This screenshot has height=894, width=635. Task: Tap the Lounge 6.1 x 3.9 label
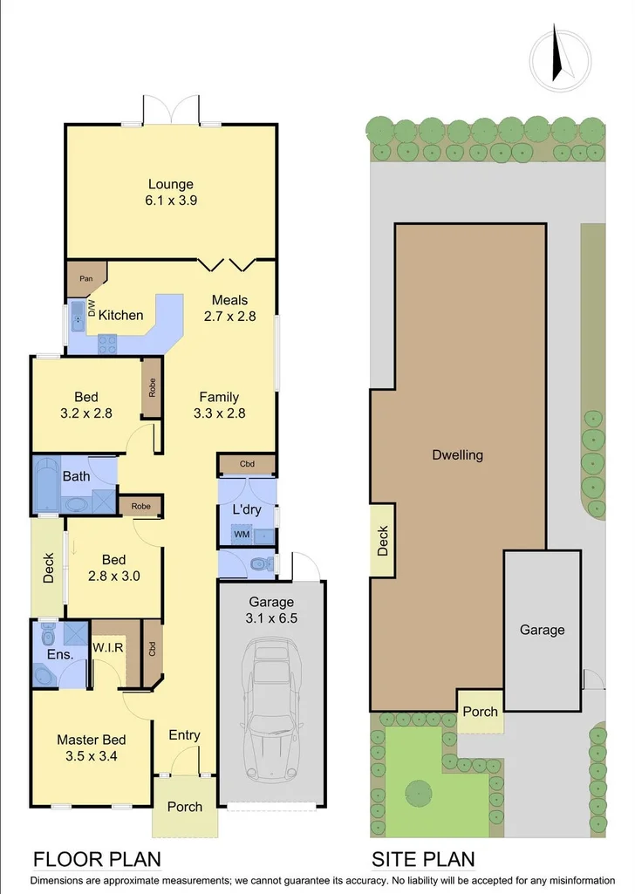[170, 192]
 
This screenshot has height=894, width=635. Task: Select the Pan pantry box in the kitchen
[85, 278]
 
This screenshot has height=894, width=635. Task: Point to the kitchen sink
[78, 315]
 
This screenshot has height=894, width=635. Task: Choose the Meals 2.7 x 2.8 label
[229, 309]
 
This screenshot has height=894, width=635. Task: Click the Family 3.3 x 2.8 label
[218, 406]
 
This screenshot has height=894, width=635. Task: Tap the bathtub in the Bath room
[45, 485]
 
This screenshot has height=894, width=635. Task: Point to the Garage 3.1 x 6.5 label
[271, 610]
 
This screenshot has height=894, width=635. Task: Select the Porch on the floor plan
[184, 807]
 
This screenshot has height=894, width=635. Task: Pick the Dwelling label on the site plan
[457, 454]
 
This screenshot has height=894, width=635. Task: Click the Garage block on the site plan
[542, 630]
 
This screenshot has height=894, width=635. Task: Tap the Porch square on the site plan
[480, 711]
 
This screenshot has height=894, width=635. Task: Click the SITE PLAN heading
[423, 859]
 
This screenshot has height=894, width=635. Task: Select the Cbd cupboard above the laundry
[247, 463]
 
